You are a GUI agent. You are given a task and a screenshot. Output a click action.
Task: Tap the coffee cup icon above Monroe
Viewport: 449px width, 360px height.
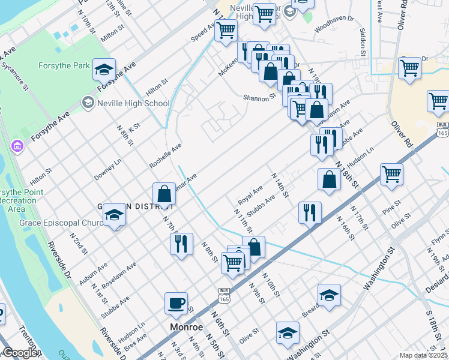[x=176, y=304]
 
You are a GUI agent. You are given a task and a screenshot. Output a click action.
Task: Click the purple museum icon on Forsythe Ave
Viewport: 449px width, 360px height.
[x=17, y=146]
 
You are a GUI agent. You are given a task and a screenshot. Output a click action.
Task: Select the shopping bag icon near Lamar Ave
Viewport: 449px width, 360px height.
[x=164, y=194]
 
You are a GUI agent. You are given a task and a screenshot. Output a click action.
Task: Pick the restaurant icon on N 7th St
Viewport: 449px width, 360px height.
[x=181, y=244]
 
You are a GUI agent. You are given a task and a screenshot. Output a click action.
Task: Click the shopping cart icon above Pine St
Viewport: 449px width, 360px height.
[x=391, y=175]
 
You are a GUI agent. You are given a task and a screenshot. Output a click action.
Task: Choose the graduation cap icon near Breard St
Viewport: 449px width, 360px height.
[x=328, y=296]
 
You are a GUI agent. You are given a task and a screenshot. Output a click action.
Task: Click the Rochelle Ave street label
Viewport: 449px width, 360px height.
[x=165, y=156]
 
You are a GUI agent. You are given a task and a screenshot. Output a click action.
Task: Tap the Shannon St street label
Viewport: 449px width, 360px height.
[x=259, y=97]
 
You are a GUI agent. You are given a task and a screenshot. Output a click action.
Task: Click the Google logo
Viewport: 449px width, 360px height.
[x=20, y=353]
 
